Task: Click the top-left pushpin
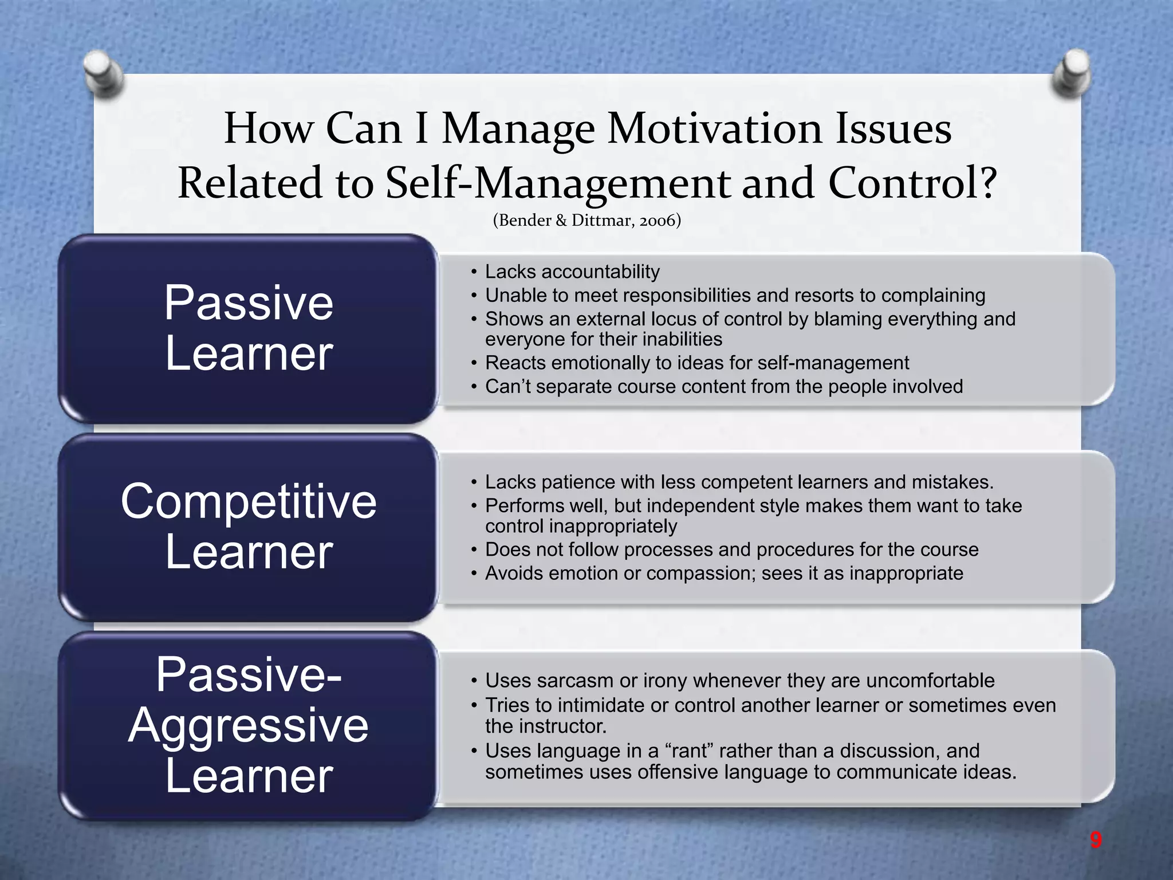(104, 73)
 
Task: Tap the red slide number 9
(1096, 840)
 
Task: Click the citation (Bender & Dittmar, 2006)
(586, 221)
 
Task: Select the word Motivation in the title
(715, 128)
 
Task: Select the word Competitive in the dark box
(249, 501)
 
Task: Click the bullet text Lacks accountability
(572, 272)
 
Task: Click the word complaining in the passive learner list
(933, 295)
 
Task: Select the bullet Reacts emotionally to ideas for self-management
(696, 363)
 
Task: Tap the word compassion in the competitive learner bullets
(701, 573)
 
